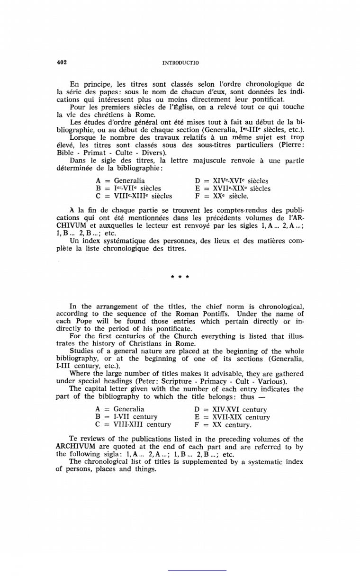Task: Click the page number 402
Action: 61,62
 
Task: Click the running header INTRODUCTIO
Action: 180,63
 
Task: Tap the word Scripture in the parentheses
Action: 178,381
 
